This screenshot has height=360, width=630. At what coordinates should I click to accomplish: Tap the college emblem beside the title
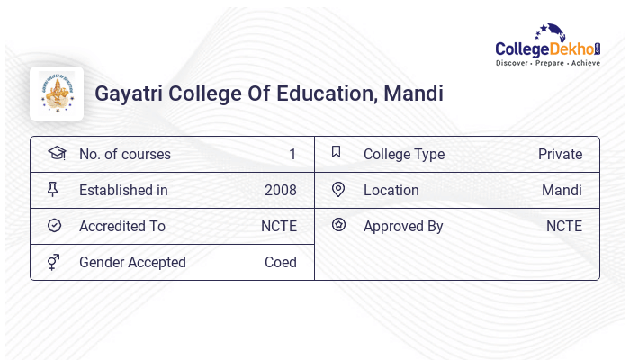(57, 94)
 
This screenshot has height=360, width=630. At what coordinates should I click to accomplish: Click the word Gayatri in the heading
(127, 94)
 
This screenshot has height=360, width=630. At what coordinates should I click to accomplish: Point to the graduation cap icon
(56, 153)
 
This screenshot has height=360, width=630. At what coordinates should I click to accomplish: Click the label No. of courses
(124, 155)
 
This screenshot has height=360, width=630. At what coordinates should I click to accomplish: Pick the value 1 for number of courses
(292, 155)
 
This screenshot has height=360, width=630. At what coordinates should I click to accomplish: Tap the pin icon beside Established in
(53, 189)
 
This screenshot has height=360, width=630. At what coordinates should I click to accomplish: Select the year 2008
(281, 191)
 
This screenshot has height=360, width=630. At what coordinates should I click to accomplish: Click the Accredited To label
(121, 227)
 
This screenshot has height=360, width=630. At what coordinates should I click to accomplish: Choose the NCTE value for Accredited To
(279, 227)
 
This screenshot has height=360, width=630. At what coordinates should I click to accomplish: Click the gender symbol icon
(54, 262)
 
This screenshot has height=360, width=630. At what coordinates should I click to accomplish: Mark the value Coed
(281, 263)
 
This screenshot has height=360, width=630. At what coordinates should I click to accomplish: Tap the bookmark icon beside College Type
(336, 152)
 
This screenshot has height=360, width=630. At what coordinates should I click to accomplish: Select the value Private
(560, 155)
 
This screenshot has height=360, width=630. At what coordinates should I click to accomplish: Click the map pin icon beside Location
(338, 189)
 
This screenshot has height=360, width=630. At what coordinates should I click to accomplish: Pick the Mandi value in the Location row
(562, 191)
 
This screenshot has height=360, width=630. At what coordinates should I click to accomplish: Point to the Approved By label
(403, 227)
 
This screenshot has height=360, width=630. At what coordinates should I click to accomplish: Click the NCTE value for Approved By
(564, 227)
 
